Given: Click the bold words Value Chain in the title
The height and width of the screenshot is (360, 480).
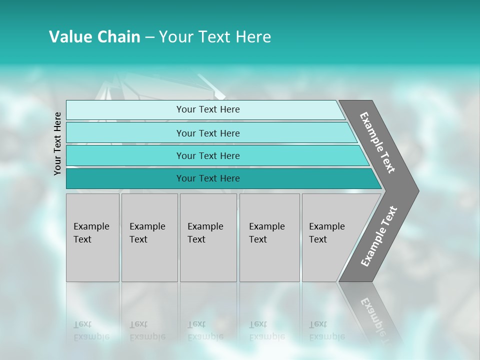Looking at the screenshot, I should point(94,37).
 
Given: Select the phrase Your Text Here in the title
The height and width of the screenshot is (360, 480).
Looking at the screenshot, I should point(215,37).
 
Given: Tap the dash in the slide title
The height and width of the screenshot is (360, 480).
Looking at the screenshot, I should point(149,37).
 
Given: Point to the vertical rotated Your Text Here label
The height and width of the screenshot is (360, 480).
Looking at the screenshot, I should point(57,143).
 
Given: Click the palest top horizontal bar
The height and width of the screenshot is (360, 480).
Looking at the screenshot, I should point(125,110).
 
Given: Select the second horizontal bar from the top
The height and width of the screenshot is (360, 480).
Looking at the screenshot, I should point(125,133).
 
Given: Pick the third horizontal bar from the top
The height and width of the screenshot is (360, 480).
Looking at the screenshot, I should point(125,155).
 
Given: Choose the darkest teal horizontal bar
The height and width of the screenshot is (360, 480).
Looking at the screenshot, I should point(125,178).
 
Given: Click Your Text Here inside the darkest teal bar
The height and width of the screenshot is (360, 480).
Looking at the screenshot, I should point(208,178).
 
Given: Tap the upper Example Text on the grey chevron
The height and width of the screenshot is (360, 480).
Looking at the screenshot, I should point(377,142).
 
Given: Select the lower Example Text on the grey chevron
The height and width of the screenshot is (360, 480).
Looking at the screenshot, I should point(379,236).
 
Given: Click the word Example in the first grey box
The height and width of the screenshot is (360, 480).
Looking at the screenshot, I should point(91,226).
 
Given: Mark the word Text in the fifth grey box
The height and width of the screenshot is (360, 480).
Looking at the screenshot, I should point(317,239).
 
